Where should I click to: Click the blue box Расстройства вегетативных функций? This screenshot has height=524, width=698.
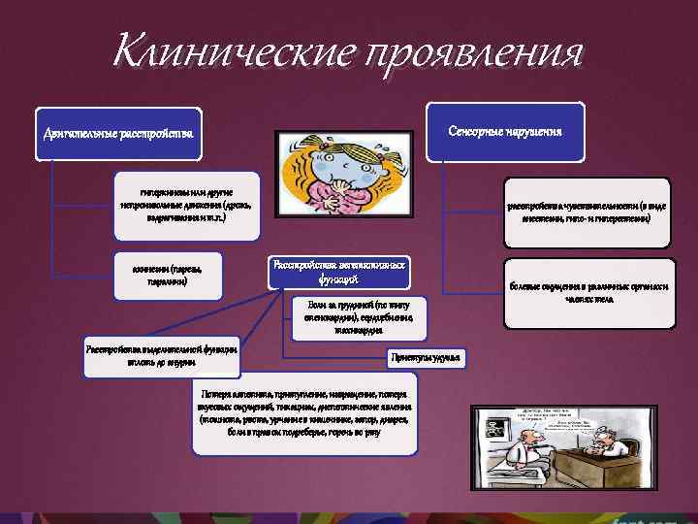pos(337,271)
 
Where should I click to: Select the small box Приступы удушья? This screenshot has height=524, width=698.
pos(428,358)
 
